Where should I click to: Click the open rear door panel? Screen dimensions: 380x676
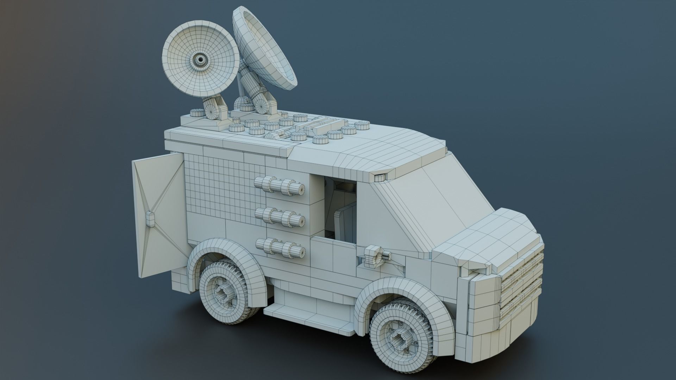(158, 215)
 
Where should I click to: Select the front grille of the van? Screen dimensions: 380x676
(521, 278)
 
